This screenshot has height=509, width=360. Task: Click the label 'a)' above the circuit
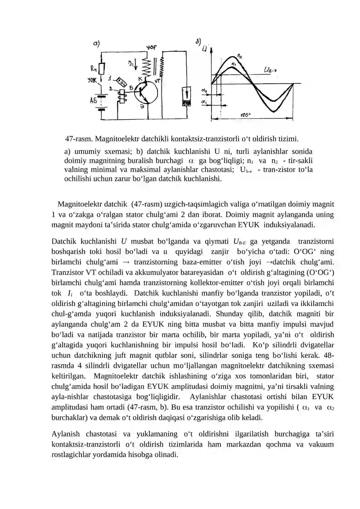(x=96, y=44)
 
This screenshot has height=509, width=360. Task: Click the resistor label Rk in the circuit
(x=93, y=69)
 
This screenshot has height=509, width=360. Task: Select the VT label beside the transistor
(x=157, y=81)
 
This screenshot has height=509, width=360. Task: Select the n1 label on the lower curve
(x=234, y=65)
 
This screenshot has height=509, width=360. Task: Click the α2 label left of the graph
(x=204, y=91)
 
